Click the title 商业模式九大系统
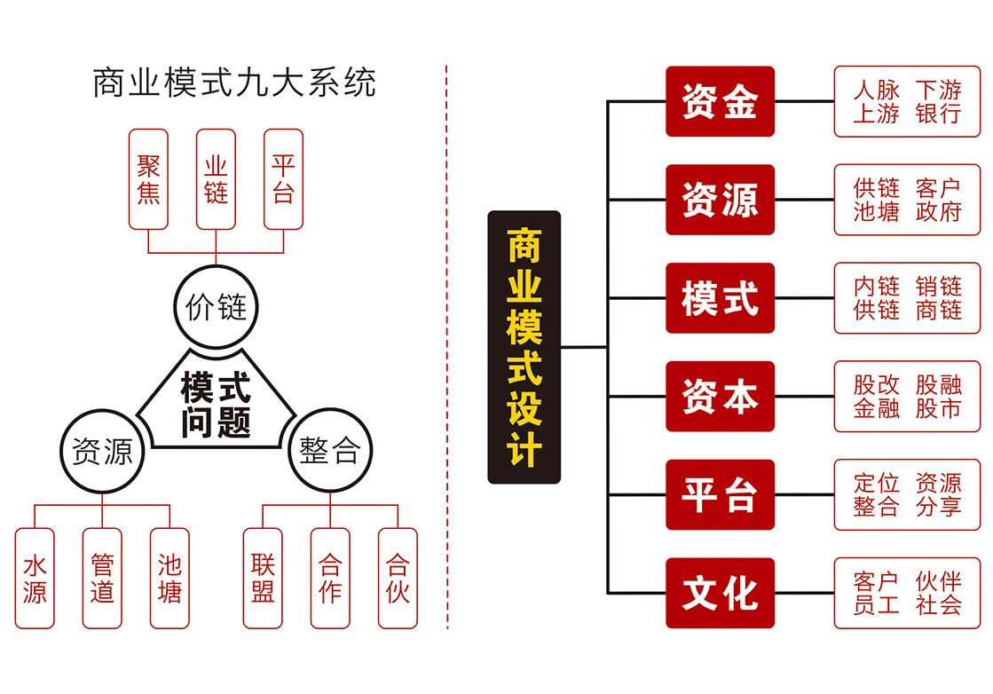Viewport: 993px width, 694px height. pyautogui.click(x=234, y=83)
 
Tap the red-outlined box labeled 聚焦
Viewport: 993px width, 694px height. pyautogui.click(x=148, y=179)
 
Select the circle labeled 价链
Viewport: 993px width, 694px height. pyautogui.click(x=216, y=308)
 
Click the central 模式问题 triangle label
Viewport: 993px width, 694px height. pyautogui.click(x=216, y=404)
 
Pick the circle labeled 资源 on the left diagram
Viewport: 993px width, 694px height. pyautogui.click(x=101, y=453)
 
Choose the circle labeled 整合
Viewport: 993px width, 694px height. pyautogui.click(x=329, y=453)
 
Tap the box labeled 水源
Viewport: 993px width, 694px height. pyautogui.click(x=35, y=579)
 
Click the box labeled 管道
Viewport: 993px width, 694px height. pyautogui.click(x=102, y=579)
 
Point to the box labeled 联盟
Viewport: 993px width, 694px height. pyautogui.click(x=263, y=579)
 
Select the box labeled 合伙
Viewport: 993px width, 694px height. pyautogui.click(x=398, y=579)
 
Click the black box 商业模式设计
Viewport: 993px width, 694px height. pyautogui.click(x=524, y=347)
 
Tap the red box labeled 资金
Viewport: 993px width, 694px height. pyautogui.click(x=720, y=101)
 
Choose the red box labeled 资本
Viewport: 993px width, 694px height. pyautogui.click(x=720, y=397)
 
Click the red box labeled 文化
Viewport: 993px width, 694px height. pyautogui.click(x=720, y=593)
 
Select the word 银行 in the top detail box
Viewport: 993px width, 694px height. pyautogui.click(x=938, y=114)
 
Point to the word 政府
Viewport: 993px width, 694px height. pyautogui.click(x=938, y=212)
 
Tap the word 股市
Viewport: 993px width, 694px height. pyautogui.click(x=938, y=409)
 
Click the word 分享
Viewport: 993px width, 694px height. pyautogui.click(x=938, y=508)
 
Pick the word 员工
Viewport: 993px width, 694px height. pyautogui.click(x=876, y=605)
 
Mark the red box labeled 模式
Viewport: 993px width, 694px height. pyautogui.click(x=720, y=298)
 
